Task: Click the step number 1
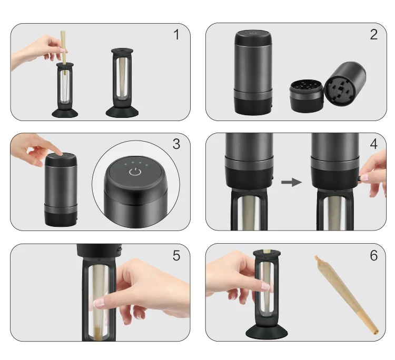click(176, 35)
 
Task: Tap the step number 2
click(373, 35)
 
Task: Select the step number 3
click(176, 144)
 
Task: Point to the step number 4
click(373, 144)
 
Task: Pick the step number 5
click(176, 256)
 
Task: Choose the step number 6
click(373, 256)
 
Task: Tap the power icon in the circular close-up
click(136, 172)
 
